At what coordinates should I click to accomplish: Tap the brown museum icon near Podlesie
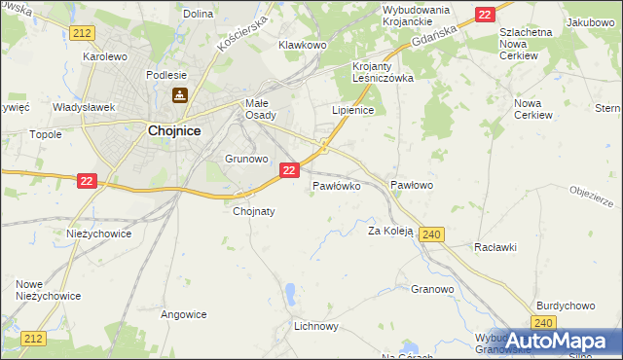180,95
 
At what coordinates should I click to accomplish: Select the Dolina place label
198,14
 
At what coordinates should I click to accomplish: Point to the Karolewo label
105,56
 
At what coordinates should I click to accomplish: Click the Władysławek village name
84,107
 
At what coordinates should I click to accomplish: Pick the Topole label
46,135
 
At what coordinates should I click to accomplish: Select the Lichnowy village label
316,327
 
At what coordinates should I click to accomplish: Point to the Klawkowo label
302,45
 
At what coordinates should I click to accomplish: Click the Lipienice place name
353,111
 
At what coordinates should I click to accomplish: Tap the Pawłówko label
337,185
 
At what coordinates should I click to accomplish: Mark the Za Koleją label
390,232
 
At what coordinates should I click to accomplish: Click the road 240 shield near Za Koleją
433,234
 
